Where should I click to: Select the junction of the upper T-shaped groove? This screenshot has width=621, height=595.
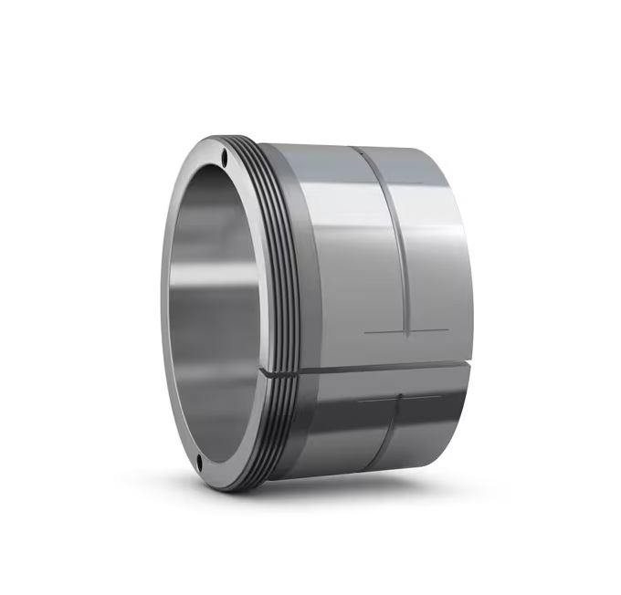coord(405,330)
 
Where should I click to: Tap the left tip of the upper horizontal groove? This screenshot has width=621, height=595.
coord(365,332)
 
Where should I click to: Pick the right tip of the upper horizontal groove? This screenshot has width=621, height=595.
coord(448,329)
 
